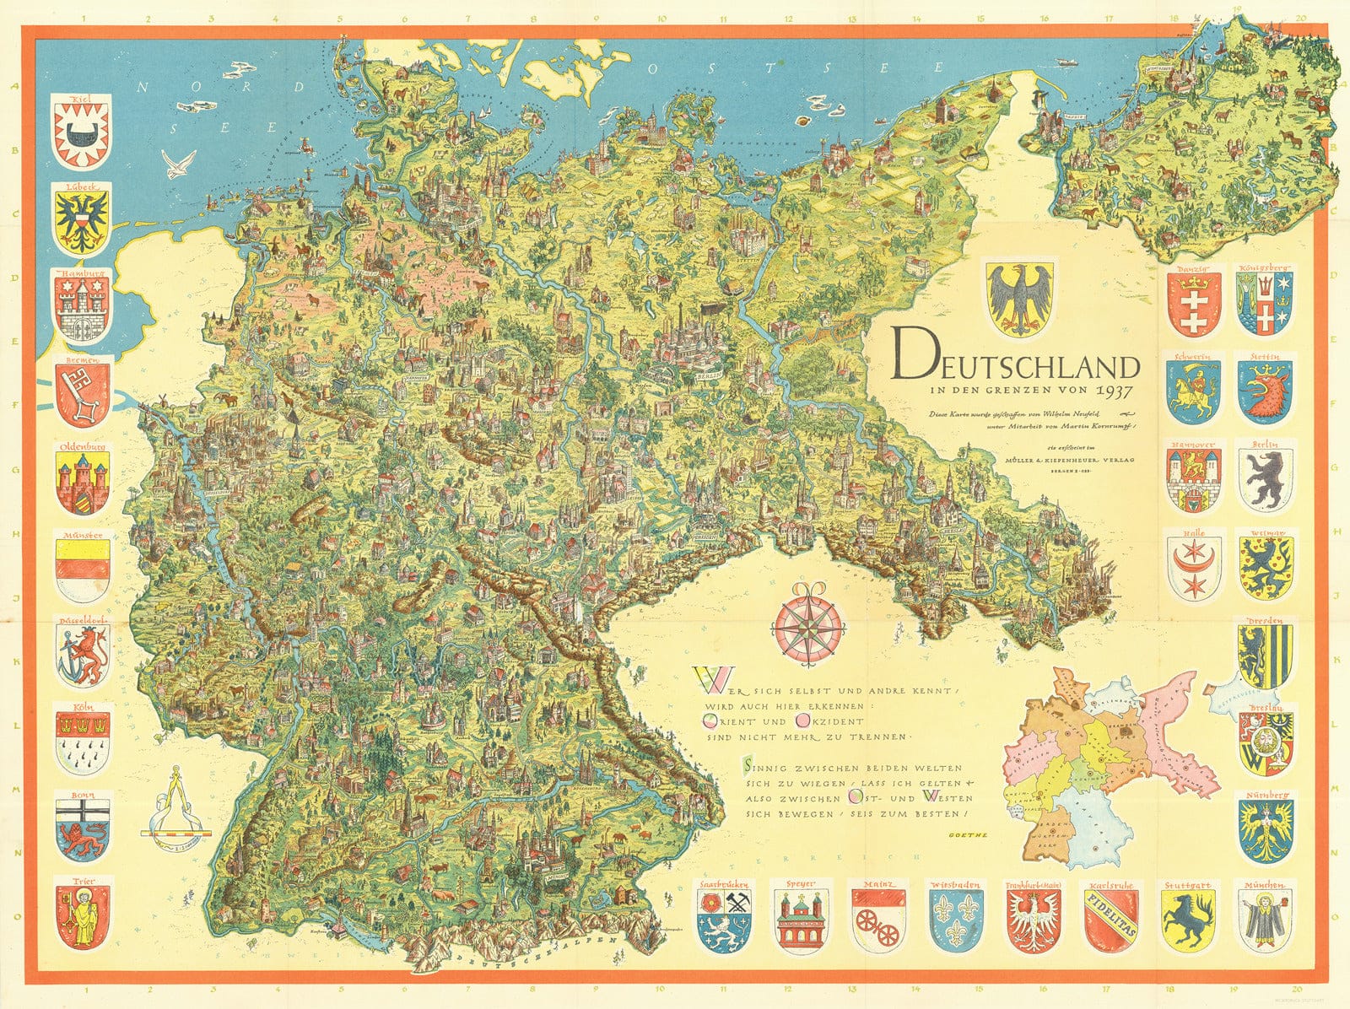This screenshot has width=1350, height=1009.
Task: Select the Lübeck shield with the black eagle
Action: click(x=82, y=219)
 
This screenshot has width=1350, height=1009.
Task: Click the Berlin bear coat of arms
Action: click(x=1265, y=479)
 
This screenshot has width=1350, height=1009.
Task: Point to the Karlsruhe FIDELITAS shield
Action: click(x=1110, y=920)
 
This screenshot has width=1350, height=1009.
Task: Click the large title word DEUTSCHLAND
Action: click(x=1017, y=360)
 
